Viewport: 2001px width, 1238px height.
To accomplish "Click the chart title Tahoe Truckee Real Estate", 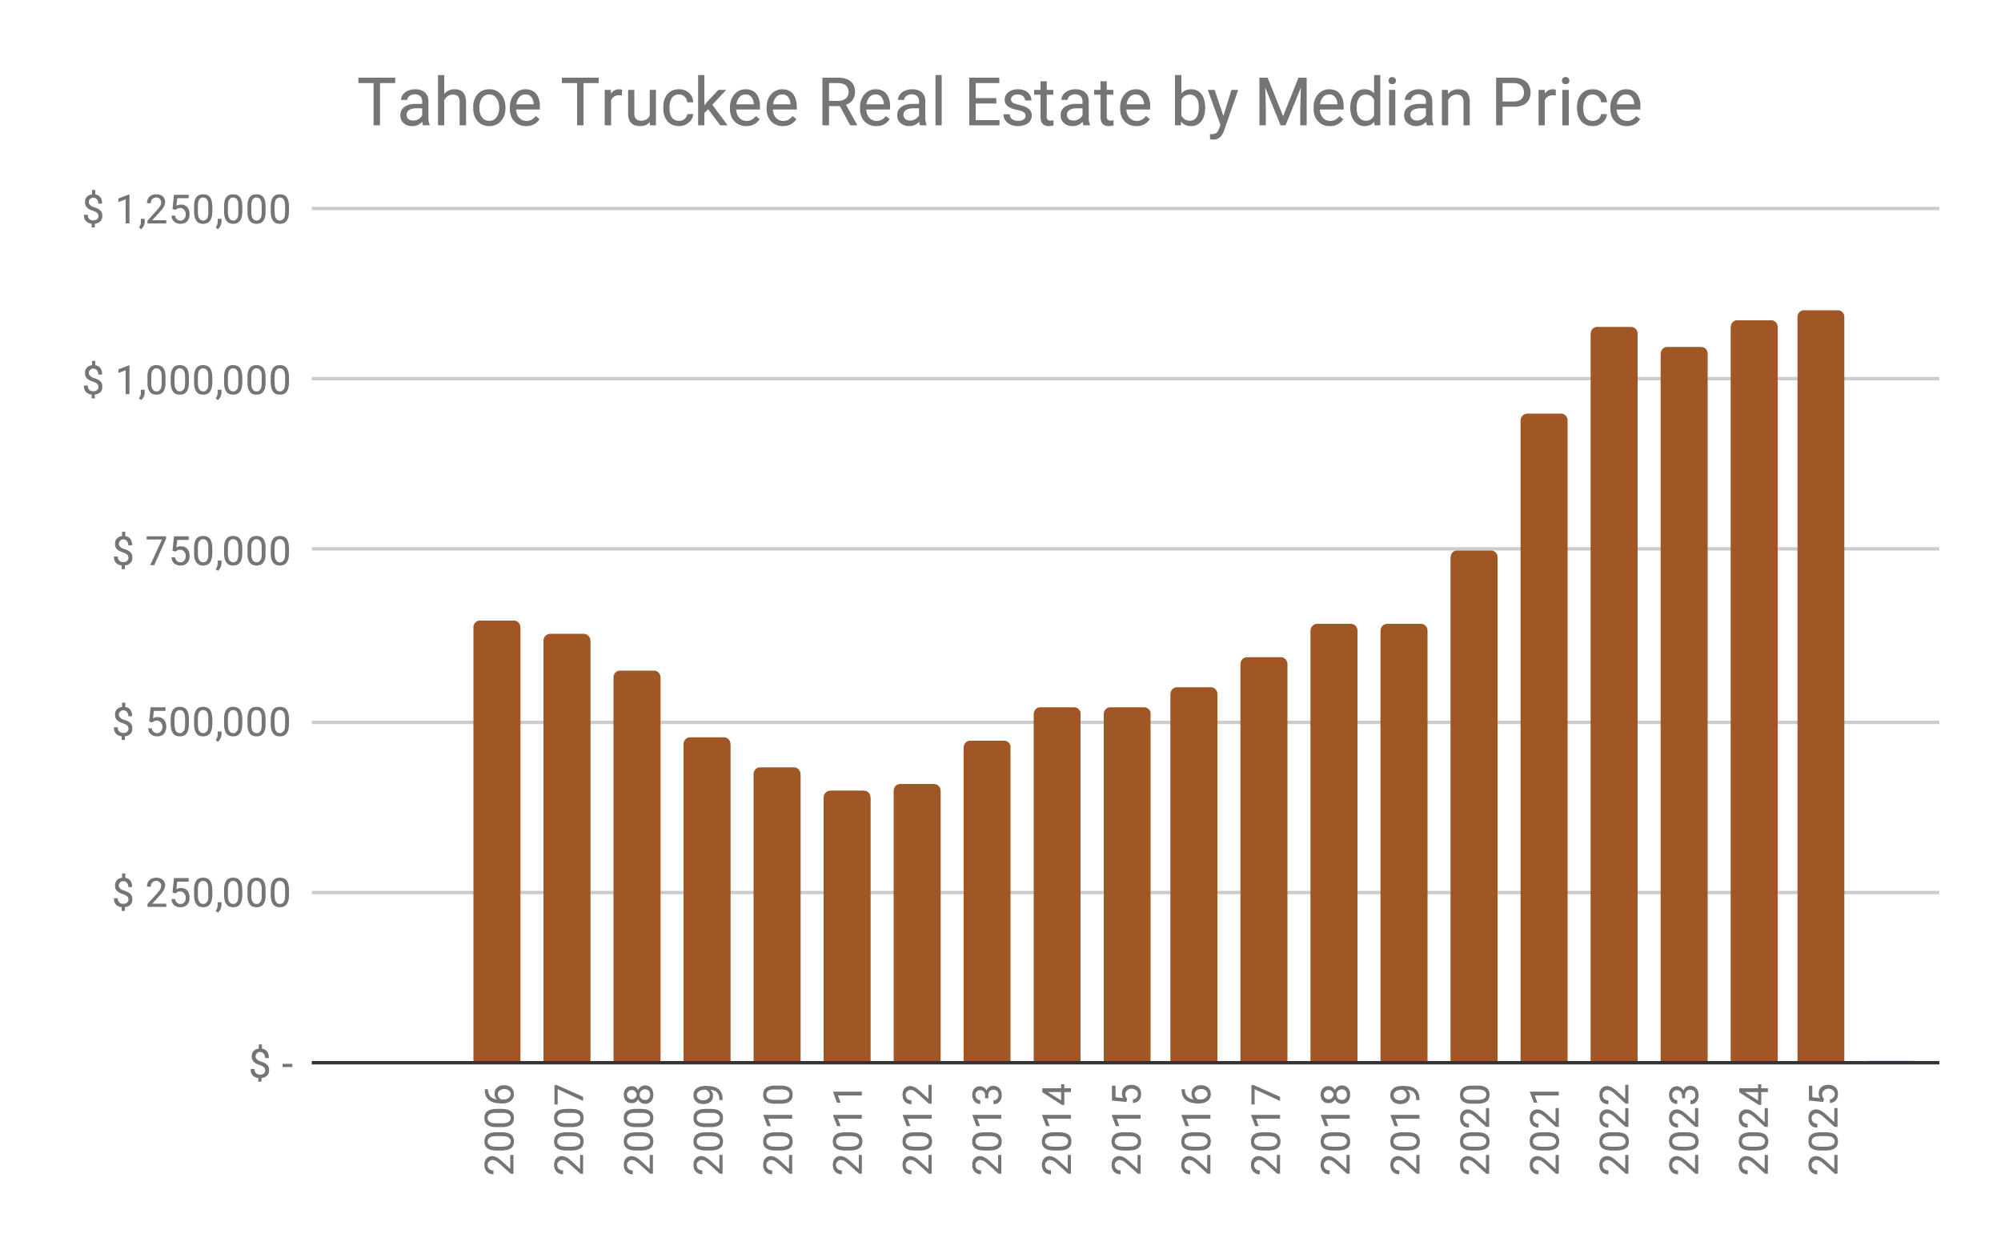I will (x=998, y=103).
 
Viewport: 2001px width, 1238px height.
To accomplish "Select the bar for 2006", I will (x=497, y=843).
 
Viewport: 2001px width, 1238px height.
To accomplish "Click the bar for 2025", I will (x=1820, y=688).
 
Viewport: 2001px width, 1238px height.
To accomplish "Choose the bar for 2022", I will (x=1613, y=696).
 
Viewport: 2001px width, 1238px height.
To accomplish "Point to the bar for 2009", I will (x=706, y=901).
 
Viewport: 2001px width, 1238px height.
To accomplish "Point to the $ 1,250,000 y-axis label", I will (x=186, y=211).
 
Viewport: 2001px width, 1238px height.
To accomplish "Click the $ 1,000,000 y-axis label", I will (x=186, y=380).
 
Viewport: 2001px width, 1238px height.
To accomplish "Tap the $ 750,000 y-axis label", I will (x=201, y=551).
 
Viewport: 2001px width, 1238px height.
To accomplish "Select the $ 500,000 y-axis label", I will (x=201, y=722).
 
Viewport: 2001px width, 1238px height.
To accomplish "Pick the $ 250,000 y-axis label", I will (x=201, y=893).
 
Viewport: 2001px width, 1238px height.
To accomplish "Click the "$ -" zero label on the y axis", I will (x=271, y=1063).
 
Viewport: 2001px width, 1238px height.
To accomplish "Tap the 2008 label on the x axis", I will (x=639, y=1129).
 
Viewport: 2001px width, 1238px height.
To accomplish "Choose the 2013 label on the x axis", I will (x=988, y=1129).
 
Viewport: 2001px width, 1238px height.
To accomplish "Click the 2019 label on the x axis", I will (x=1405, y=1129).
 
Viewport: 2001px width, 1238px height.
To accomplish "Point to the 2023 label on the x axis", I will (x=1684, y=1129).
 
